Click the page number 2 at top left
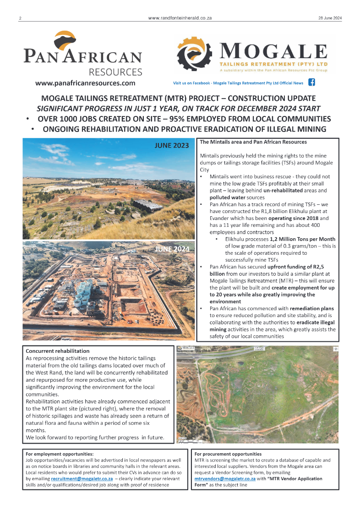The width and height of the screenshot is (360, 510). (21, 18)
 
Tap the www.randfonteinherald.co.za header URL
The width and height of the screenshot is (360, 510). (180, 18)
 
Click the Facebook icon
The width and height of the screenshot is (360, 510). (311, 83)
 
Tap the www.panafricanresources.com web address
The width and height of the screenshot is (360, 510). (85, 83)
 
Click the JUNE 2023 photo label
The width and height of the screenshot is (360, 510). (172, 146)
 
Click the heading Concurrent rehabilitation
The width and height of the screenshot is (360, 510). (58, 351)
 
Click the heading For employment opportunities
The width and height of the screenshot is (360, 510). (60, 454)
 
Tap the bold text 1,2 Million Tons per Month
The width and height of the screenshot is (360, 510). (303, 239)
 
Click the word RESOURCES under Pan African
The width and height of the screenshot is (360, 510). (115, 72)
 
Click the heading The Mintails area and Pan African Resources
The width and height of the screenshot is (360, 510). (253, 142)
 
